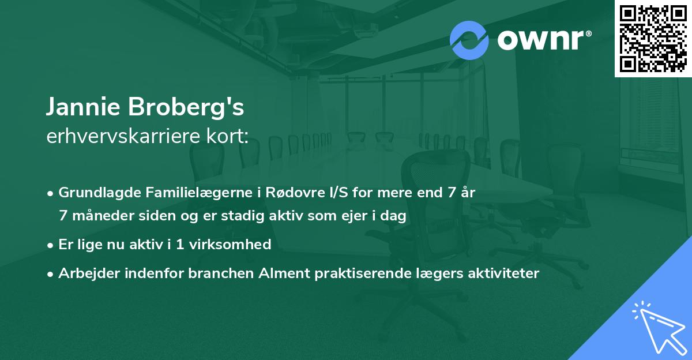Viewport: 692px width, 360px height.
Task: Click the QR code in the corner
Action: pos(653,39)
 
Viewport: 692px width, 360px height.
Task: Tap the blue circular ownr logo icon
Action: pos(469,40)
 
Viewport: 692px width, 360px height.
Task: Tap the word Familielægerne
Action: pos(182,193)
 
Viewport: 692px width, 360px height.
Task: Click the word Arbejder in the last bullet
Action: pos(85,273)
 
